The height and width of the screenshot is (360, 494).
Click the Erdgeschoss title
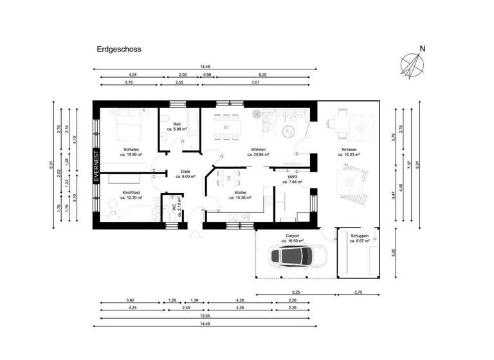click(119, 49)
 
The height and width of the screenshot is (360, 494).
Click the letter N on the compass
click(422, 48)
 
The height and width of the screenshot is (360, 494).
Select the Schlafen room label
click(132, 151)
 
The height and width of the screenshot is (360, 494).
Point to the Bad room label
click(177, 125)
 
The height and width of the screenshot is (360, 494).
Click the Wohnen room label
click(258, 152)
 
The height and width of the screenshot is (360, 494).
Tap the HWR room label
click(293, 178)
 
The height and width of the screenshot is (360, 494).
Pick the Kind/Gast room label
click(132, 194)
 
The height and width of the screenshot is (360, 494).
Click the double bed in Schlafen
click(129, 125)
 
